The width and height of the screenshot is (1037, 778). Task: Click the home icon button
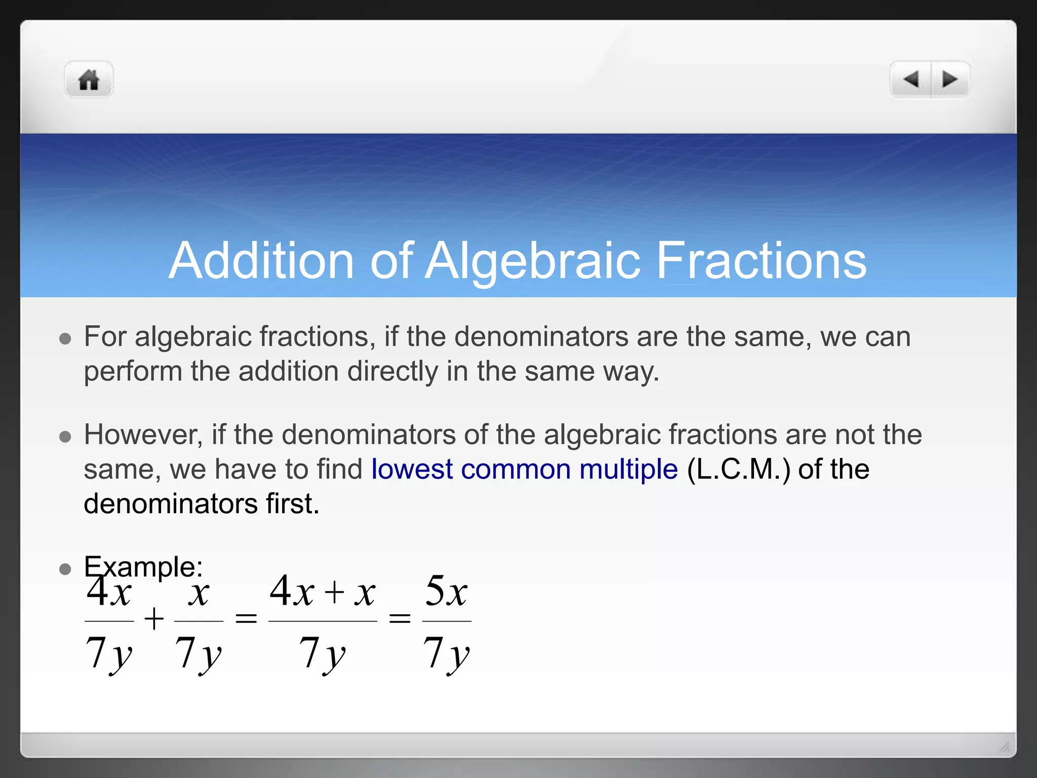[x=89, y=80]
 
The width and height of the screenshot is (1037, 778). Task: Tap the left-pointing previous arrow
[x=911, y=80]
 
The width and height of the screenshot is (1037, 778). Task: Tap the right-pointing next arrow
[x=949, y=80]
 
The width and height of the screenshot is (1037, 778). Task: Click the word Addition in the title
[x=261, y=261]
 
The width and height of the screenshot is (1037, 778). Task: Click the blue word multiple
[x=628, y=469]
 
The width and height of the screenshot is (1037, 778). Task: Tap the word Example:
[x=143, y=566]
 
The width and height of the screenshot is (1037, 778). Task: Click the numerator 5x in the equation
[x=446, y=592]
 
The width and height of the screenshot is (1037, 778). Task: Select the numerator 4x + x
[x=322, y=592]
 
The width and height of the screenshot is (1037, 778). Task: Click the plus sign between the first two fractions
[x=154, y=619]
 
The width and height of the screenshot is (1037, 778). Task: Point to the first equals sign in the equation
[x=246, y=618]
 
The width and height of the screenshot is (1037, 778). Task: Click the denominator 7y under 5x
[x=446, y=654]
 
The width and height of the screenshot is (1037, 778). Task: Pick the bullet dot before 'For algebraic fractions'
[x=65, y=338]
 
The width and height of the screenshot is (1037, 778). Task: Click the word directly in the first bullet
[x=392, y=371]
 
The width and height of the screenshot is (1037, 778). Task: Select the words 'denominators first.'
[x=202, y=504]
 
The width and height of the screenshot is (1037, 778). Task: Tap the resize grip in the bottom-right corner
[x=1006, y=747]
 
